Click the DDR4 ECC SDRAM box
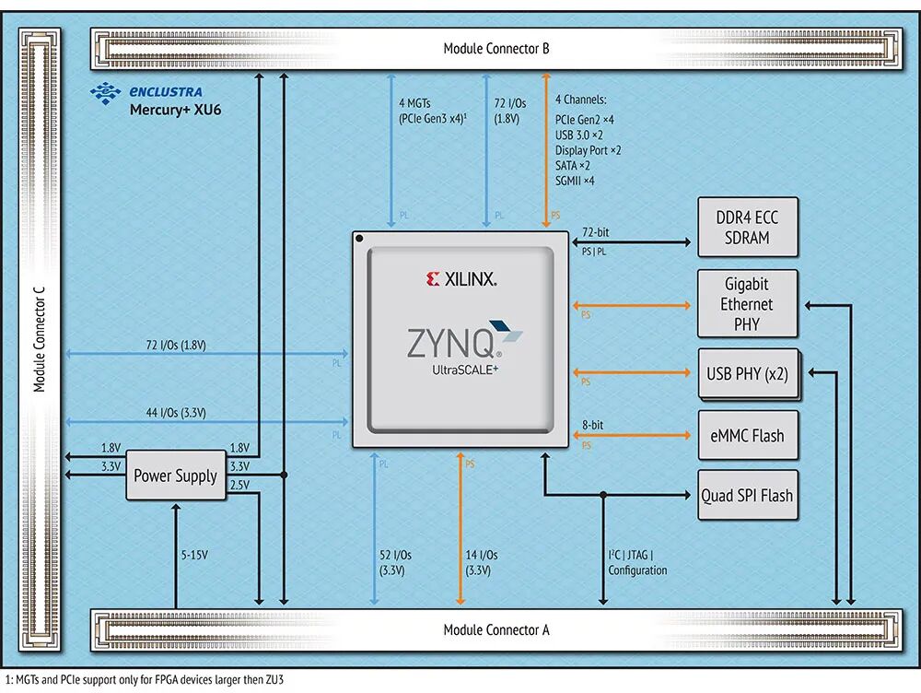click(747, 228)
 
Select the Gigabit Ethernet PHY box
click(747, 304)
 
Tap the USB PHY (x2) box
click(747, 374)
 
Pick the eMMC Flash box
click(747, 435)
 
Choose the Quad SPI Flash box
click(747, 495)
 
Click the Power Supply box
click(175, 476)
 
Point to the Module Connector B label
click(495, 48)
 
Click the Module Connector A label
click(495, 630)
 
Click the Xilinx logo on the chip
click(461, 278)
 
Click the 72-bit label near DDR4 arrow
click(595, 232)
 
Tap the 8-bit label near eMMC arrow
click(593, 426)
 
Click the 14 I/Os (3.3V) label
click(481, 562)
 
